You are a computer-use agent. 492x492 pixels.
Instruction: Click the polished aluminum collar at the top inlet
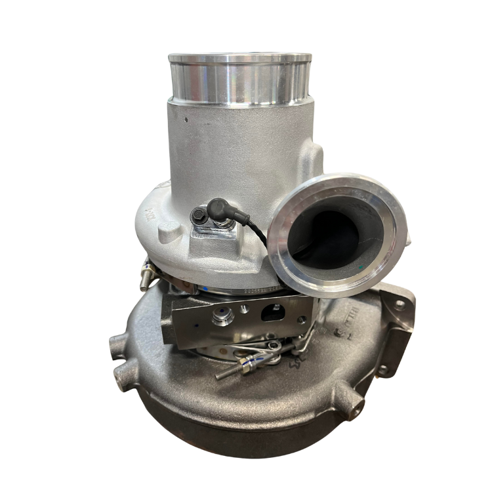(239, 77)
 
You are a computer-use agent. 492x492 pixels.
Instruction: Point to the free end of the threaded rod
(218, 376)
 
